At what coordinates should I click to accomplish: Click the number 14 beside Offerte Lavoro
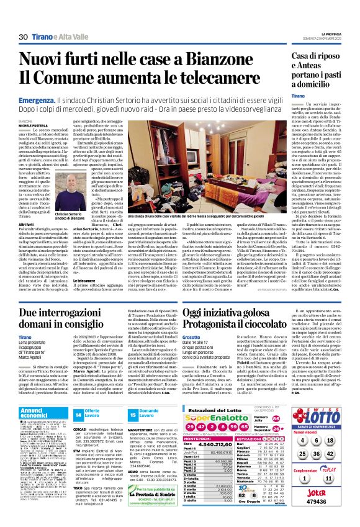(78, 413)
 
